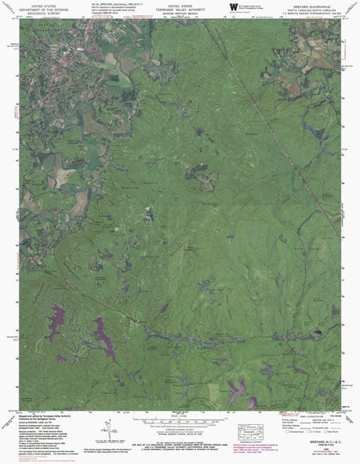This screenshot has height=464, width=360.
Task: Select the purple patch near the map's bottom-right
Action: pos(238,388)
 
